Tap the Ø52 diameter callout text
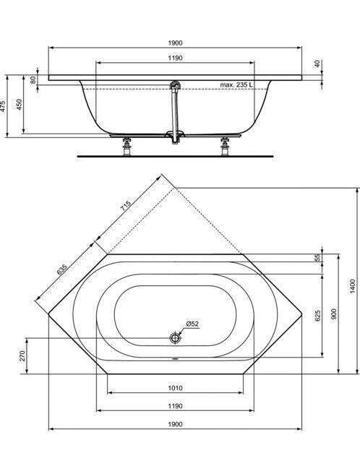(x=192, y=324)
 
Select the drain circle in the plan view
(x=175, y=337)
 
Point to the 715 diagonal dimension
(x=127, y=204)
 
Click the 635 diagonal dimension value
(x=61, y=269)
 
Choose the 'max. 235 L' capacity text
(x=236, y=85)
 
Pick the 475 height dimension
(x=3, y=106)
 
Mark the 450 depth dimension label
(x=20, y=105)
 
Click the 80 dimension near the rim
(x=33, y=79)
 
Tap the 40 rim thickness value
(x=318, y=64)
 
